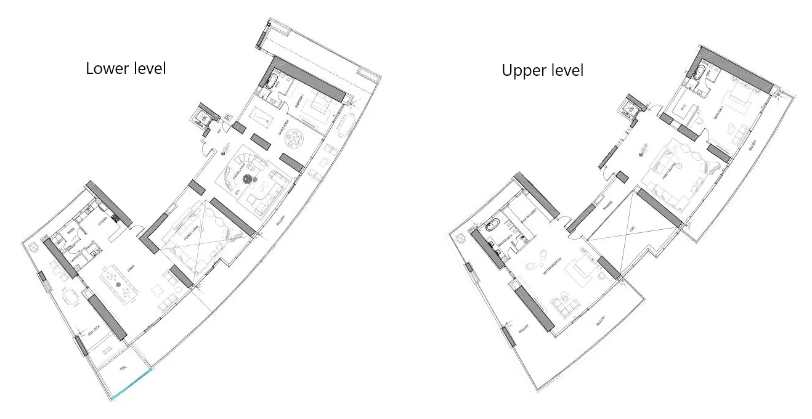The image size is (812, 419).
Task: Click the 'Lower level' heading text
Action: (126, 68)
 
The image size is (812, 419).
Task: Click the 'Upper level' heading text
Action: (542, 71)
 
